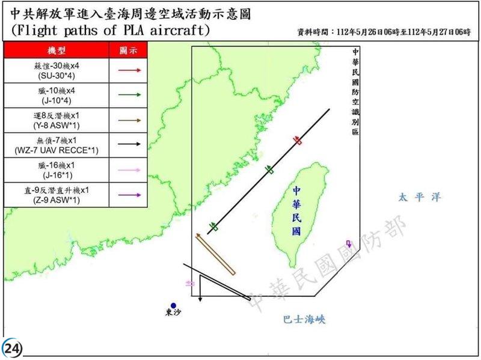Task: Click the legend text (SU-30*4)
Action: click(55, 75)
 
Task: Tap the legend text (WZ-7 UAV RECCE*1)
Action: click(55, 150)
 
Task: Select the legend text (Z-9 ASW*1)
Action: click(55, 200)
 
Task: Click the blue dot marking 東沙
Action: click(173, 305)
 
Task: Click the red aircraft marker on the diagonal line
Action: click(298, 140)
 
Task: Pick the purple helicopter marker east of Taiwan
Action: click(348, 243)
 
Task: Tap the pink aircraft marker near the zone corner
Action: click(191, 282)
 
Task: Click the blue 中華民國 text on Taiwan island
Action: click(296, 210)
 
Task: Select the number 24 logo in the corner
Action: click(12, 349)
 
